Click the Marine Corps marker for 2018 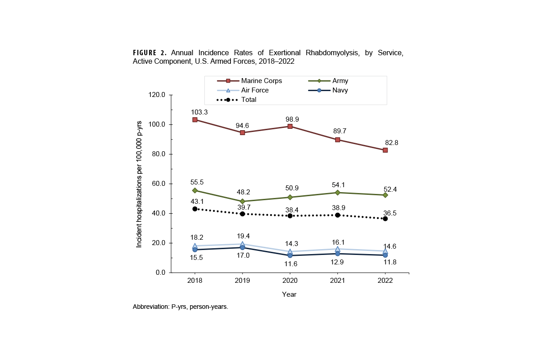coord(195,120)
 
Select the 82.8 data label coord(391,143)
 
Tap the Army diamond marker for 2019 coord(243,202)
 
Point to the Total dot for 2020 coord(290,216)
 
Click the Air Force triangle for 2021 coord(338,249)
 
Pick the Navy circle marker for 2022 coord(385,255)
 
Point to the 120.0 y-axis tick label coord(157,95)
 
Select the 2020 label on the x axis coord(290,281)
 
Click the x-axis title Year coord(289,294)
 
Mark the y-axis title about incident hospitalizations coord(139,184)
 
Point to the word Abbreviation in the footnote coord(151,307)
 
